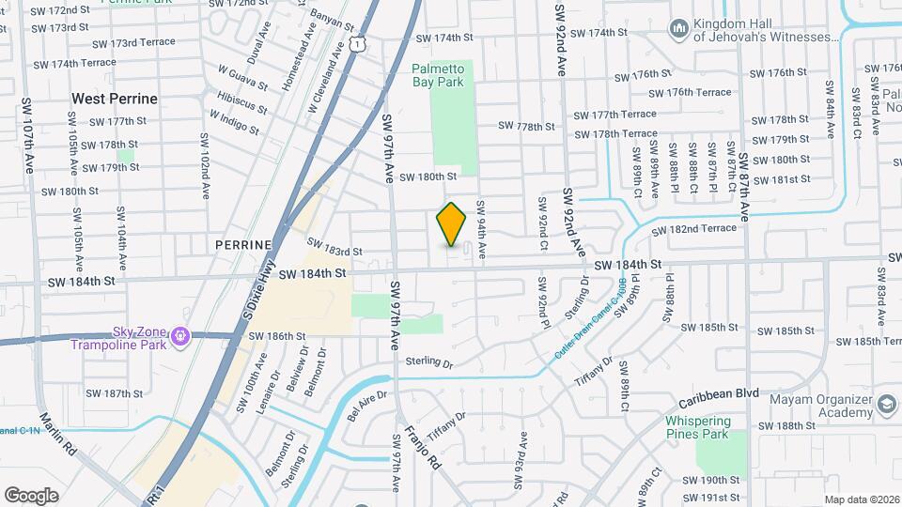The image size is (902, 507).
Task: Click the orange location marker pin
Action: (x=452, y=223)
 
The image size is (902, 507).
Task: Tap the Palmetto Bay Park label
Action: (x=438, y=75)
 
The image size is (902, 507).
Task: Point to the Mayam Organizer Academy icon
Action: (x=885, y=405)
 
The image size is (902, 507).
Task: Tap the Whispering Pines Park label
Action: (x=709, y=427)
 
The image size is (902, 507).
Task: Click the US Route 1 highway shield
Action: (x=356, y=43)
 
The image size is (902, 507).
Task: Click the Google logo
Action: (x=31, y=495)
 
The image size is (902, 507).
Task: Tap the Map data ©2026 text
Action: (x=862, y=499)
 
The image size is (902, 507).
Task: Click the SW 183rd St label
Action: (x=334, y=252)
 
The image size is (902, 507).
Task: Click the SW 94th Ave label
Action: (x=482, y=230)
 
